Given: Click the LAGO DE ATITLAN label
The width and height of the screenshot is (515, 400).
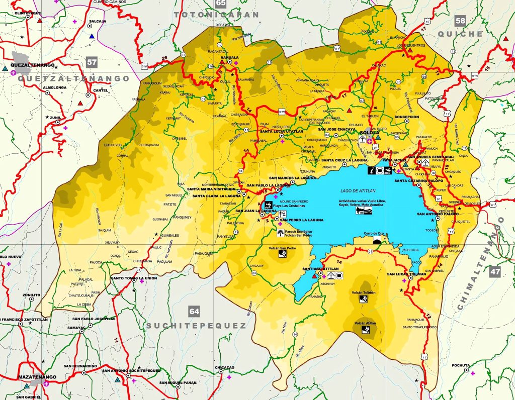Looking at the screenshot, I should pos(354,190).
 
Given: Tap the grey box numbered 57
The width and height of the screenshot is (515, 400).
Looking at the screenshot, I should pos(91,63).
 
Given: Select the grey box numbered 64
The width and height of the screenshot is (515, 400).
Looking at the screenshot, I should pos(194,312).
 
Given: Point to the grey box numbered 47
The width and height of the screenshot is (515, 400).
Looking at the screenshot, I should pos(495,272).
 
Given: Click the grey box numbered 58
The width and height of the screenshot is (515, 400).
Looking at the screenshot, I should pos(460,21).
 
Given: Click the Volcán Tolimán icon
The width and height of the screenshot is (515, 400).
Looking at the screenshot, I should pos(363,298).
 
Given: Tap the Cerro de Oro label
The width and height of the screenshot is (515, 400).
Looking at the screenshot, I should pos(374,233).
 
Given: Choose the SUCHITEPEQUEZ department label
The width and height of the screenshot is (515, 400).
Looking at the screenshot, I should pos(196,326).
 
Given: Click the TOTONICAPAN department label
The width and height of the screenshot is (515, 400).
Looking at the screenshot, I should pos(216,15).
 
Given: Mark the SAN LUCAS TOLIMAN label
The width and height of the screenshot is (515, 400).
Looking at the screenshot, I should pos(406,274).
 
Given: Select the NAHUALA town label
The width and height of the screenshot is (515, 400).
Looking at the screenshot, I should pos(229,58).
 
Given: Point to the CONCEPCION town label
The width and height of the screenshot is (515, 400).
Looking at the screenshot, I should pos(407,117).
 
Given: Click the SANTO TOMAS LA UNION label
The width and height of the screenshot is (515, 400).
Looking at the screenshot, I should pos(134,278).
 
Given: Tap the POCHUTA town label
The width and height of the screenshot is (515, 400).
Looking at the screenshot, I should pos(461,365).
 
